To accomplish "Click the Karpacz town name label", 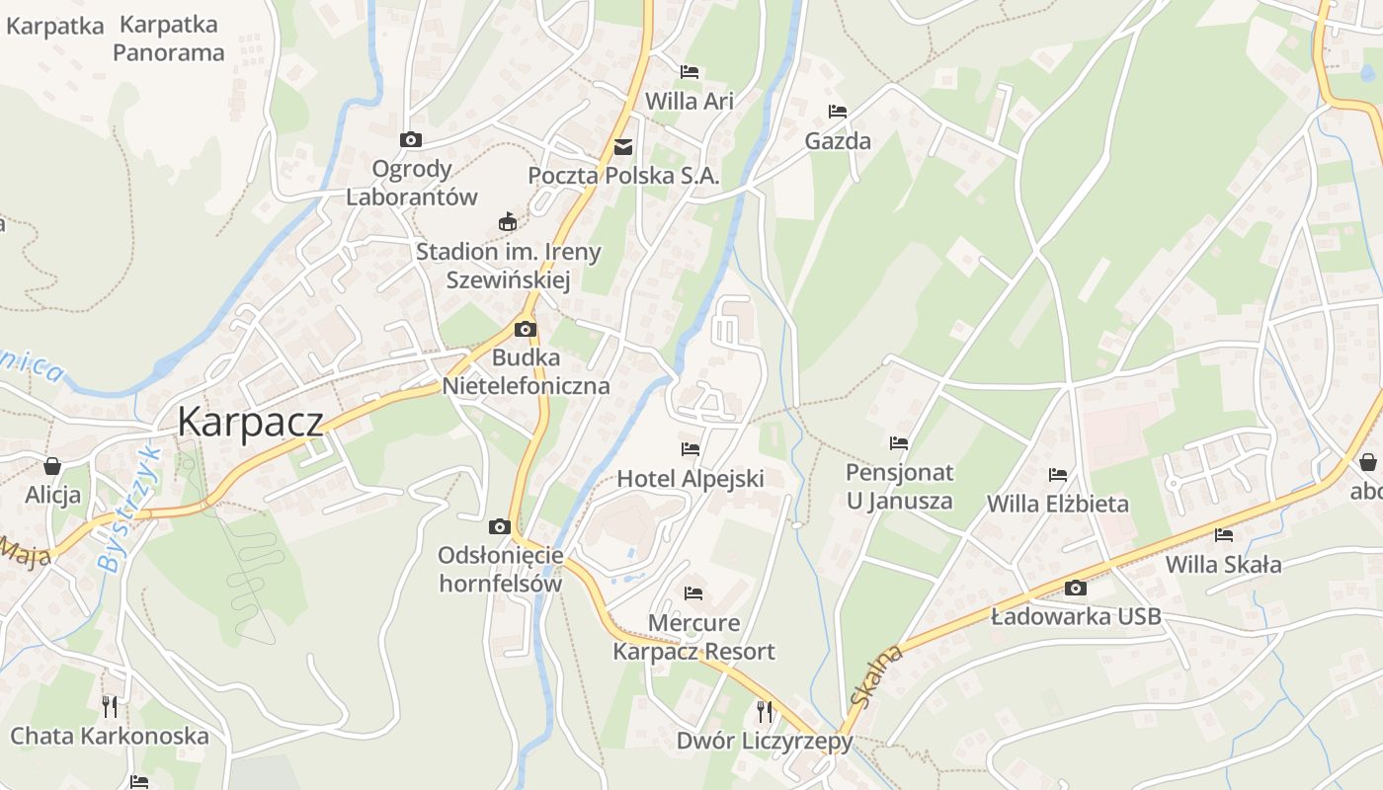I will [250, 422].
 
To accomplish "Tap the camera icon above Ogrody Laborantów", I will [410, 140].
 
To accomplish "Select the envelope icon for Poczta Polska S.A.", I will [623, 147].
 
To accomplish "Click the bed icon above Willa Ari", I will [690, 72].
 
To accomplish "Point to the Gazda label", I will [838, 141].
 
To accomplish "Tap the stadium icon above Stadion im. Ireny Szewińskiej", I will [508, 221].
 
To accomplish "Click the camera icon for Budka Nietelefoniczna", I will [526, 330].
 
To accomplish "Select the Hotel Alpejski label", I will [691, 479].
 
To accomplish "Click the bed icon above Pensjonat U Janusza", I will [898, 443].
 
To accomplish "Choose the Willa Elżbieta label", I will [1057, 504].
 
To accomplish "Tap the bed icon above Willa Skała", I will [1224, 536].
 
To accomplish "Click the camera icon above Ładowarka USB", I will [1076, 589].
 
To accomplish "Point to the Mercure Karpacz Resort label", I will [693, 637].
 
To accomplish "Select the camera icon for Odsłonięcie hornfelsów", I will [500, 527].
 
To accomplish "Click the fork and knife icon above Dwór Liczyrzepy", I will [764, 711].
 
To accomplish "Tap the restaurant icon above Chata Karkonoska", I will [110, 706].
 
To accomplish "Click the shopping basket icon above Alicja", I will [52, 465].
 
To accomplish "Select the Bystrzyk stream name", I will [128, 509].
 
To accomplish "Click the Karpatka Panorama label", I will [168, 39].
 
